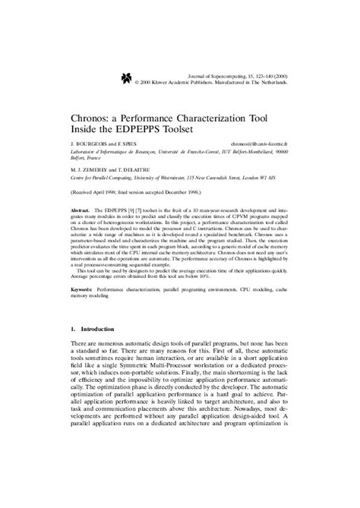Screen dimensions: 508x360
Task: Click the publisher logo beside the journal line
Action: click(125, 77)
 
